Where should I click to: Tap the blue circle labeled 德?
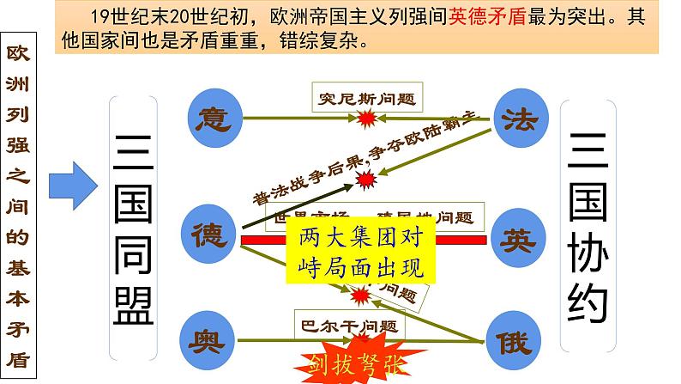208,234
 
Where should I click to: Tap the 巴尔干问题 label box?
347,326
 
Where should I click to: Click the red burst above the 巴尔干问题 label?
363,299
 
